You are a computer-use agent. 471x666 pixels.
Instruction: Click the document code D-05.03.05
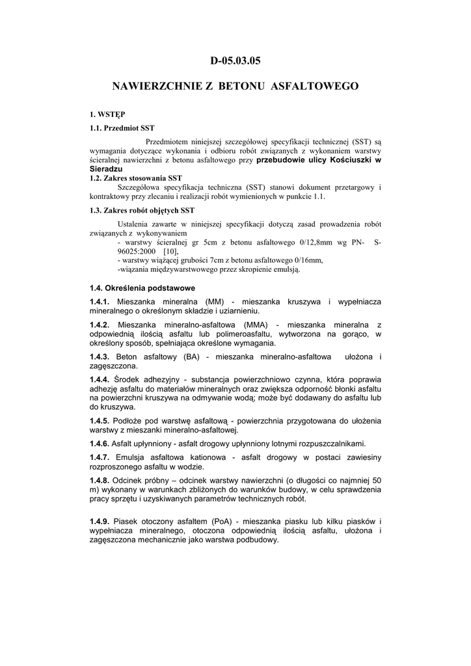point(235,61)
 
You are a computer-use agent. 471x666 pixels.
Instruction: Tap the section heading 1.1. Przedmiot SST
point(122,127)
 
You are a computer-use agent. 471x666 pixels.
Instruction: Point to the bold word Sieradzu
point(106,168)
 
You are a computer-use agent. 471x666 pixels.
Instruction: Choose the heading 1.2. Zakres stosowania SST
point(136,177)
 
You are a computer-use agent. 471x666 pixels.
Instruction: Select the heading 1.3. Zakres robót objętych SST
point(142,211)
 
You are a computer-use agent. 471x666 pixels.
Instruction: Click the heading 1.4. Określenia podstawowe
point(142,287)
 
